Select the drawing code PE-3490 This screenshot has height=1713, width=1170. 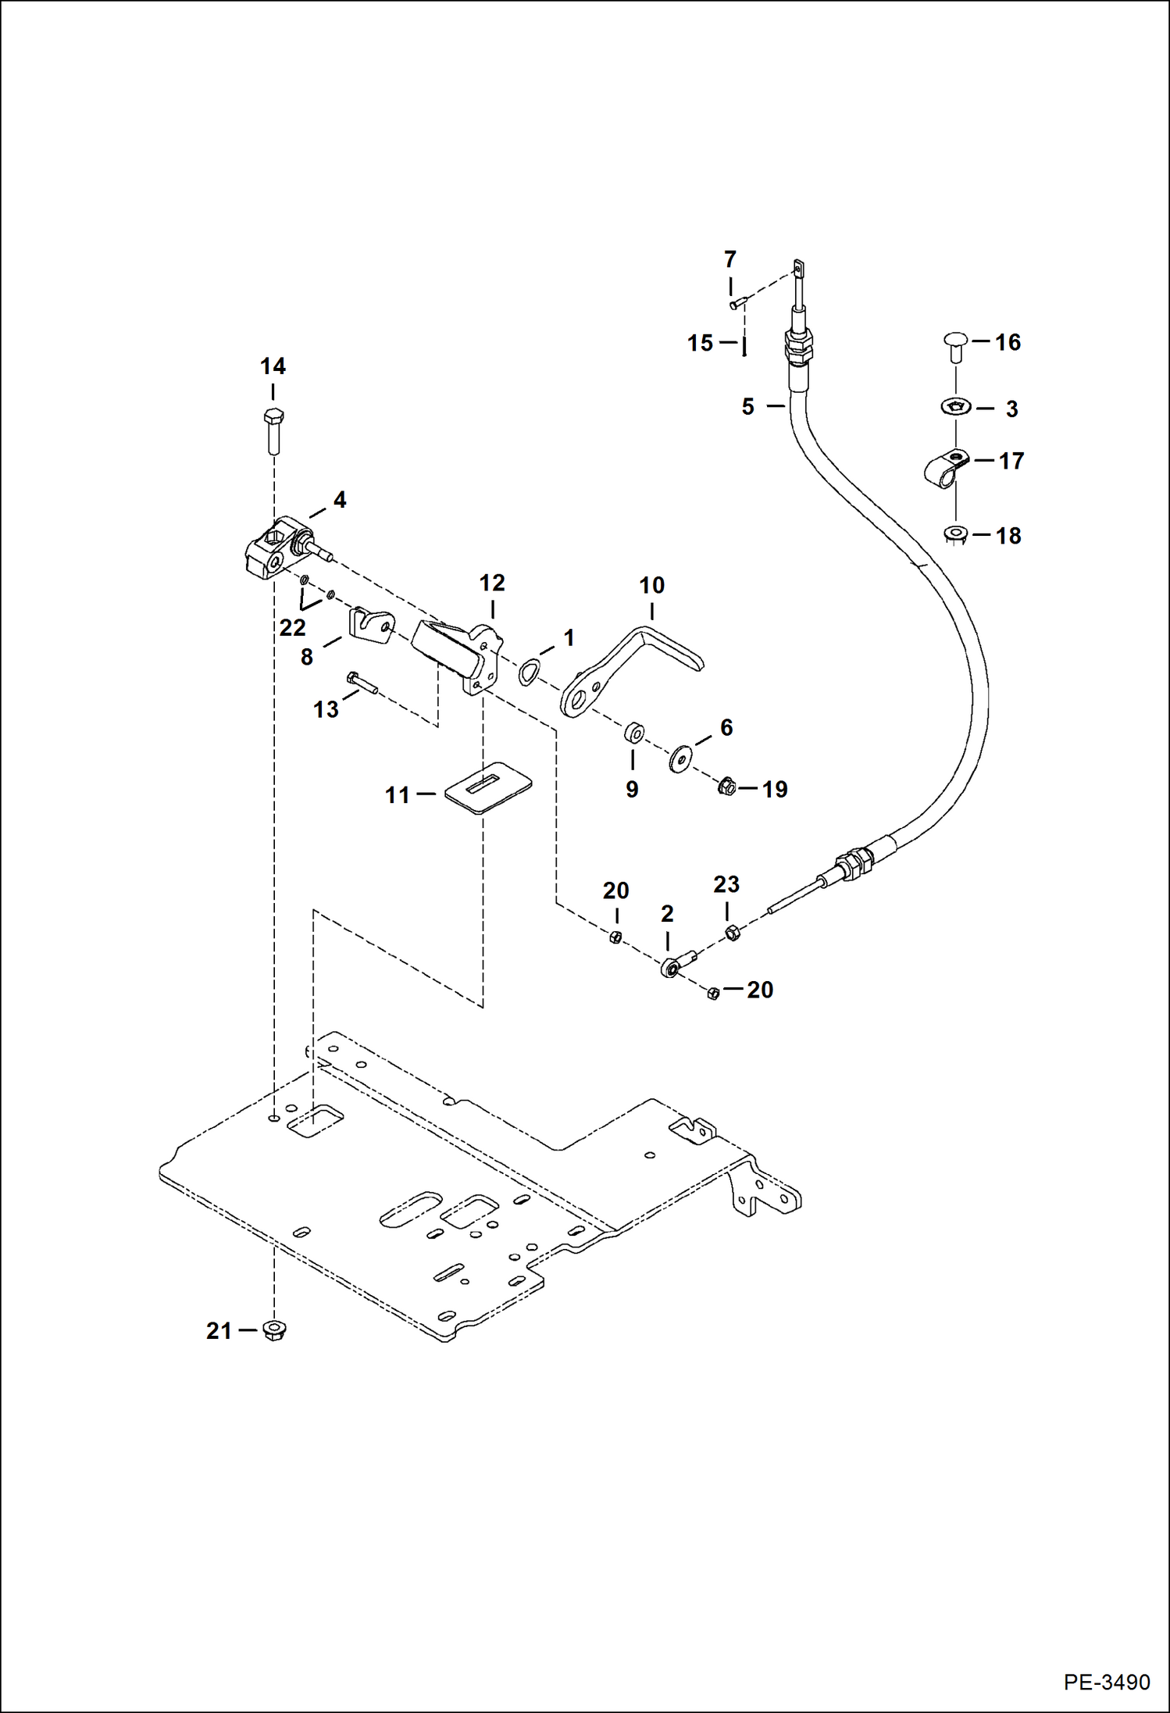point(1106,1682)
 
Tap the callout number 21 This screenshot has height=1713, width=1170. point(219,1330)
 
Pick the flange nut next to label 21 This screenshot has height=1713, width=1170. point(274,1330)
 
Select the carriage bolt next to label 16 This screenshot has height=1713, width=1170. point(955,346)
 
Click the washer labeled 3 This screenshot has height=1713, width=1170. point(955,407)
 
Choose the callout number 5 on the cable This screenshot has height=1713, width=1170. point(747,407)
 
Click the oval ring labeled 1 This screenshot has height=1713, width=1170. point(530,670)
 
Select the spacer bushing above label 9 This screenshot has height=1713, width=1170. point(633,734)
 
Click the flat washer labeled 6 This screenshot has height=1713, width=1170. point(680,758)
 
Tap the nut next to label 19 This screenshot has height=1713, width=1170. point(726,787)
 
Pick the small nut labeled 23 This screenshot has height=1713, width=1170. point(733,932)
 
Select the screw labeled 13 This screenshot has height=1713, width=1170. point(363,684)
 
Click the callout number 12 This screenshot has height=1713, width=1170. point(492,583)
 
